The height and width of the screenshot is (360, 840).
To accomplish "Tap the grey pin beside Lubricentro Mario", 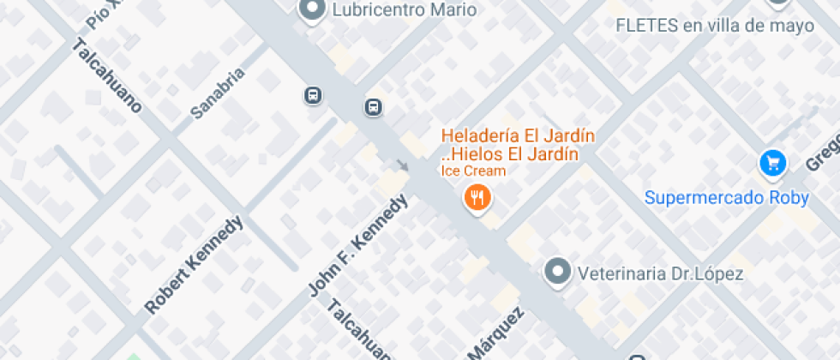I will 311,9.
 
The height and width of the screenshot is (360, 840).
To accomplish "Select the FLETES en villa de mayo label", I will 715,26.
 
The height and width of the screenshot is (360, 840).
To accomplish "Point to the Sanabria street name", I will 218,93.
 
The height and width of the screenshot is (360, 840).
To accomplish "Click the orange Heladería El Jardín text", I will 518,136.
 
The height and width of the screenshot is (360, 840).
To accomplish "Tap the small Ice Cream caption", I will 473,171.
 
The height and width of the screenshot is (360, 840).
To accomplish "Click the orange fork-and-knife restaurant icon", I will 477,199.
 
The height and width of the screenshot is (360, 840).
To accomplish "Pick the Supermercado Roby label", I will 726,198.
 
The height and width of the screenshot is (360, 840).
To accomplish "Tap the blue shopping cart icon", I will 773,162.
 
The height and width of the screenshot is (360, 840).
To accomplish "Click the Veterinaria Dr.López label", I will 660,274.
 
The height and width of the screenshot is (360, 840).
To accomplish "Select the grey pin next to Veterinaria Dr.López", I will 558,272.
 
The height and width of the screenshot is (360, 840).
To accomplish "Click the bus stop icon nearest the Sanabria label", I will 313,95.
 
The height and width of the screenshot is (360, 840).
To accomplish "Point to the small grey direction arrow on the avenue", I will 402,165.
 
